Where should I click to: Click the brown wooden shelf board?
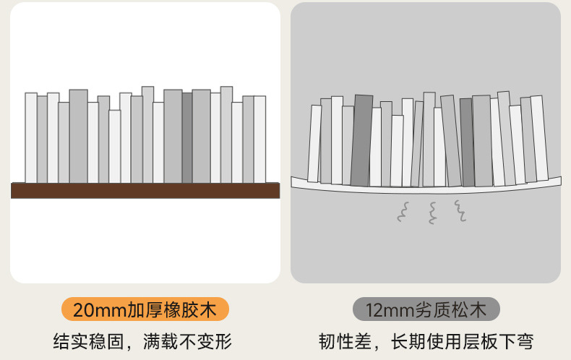coord(145,190)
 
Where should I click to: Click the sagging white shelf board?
coord(426,189)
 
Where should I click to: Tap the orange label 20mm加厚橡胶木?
coord(145,310)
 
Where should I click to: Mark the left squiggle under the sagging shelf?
coord(402,211)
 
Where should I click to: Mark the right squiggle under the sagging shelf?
coord(460,210)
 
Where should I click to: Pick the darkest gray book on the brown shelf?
coord(187,137)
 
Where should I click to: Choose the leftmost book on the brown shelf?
coord(31,137)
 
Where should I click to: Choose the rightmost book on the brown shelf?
coord(259,139)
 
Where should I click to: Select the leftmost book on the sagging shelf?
coord(314,143)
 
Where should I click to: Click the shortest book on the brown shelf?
coord(115,146)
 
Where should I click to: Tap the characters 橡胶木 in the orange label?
coord(193,310)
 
